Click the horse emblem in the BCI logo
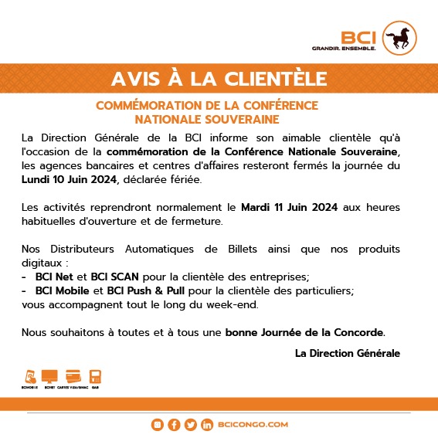point(402,38)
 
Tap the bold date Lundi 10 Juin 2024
point(69,179)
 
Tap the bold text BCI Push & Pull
point(149,290)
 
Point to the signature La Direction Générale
point(348,353)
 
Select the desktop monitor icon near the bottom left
point(49,377)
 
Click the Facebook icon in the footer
point(174,425)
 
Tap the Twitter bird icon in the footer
point(190,425)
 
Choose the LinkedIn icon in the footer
point(206,425)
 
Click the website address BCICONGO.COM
point(253,425)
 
